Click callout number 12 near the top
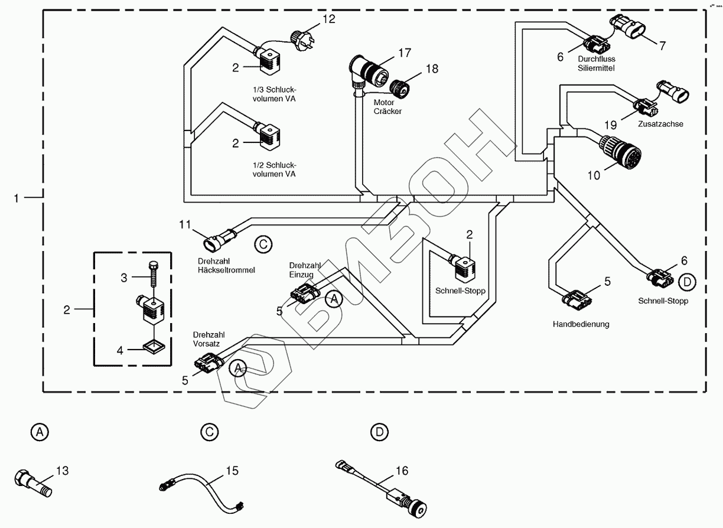point(328,19)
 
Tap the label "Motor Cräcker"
point(387,106)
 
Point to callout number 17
point(403,53)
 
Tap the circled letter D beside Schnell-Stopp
point(686,282)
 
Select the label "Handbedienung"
point(581,324)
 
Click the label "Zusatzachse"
point(660,125)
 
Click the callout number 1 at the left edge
point(17,198)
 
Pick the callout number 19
point(610,125)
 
